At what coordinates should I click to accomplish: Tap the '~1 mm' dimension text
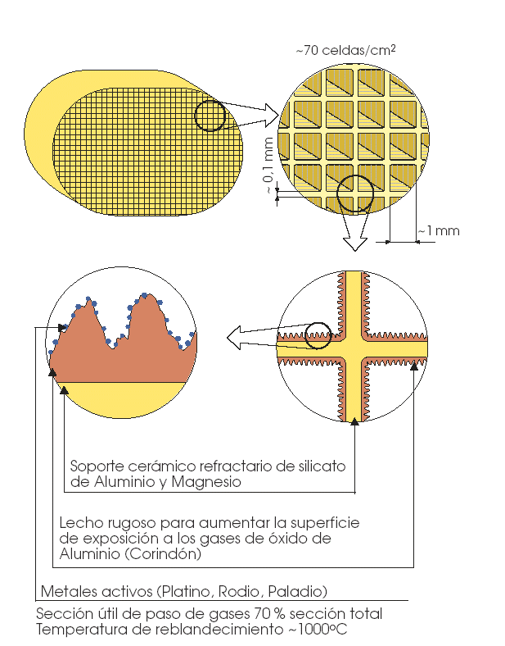[440, 231]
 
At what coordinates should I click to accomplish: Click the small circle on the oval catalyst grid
[210, 116]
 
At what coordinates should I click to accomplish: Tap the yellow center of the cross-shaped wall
[354, 345]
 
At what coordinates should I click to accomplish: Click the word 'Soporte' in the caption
[97, 466]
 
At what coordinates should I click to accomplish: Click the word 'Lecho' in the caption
[78, 522]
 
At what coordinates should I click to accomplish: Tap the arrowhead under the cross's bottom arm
[354, 421]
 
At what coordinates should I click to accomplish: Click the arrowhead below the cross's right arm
[413, 363]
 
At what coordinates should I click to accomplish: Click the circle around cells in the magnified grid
[355, 193]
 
